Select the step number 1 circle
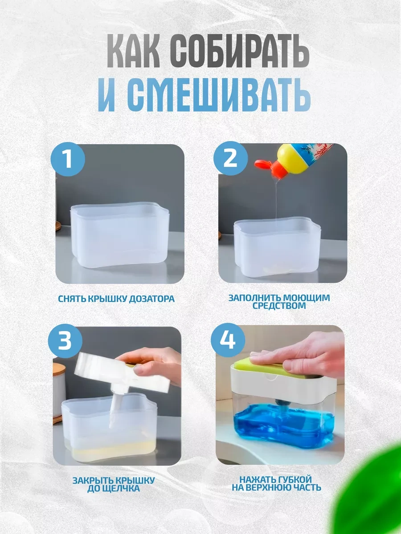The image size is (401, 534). (68, 159)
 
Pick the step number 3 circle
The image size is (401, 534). (65, 341)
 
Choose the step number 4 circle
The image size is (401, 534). (228, 340)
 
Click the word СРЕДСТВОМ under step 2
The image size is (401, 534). (279, 306)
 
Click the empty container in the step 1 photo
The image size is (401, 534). (119, 236)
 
